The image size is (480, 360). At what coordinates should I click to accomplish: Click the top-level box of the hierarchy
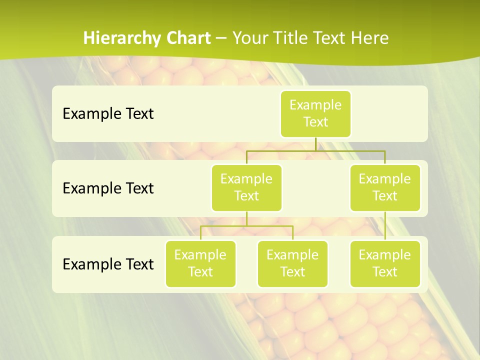[315, 114]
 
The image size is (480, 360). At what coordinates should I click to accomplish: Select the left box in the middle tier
[246, 188]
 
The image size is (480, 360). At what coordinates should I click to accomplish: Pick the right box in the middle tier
[385, 188]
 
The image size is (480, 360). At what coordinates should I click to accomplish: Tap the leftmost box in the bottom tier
[200, 264]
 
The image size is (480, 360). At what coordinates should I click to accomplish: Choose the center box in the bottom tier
[292, 264]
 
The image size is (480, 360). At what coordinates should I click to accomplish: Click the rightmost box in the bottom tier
[385, 264]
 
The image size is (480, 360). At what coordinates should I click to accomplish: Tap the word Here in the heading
[371, 38]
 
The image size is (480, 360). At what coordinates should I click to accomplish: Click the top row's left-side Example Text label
[108, 114]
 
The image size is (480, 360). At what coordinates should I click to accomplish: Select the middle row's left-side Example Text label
[108, 188]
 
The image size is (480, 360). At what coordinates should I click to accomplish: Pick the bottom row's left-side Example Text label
[108, 264]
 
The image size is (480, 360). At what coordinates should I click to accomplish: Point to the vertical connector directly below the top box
[315, 144]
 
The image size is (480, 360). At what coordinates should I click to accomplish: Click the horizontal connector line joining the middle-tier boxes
[315, 150]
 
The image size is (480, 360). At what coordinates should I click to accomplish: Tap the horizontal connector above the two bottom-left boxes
[246, 226]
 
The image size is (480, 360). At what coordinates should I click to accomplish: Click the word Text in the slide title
[331, 38]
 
